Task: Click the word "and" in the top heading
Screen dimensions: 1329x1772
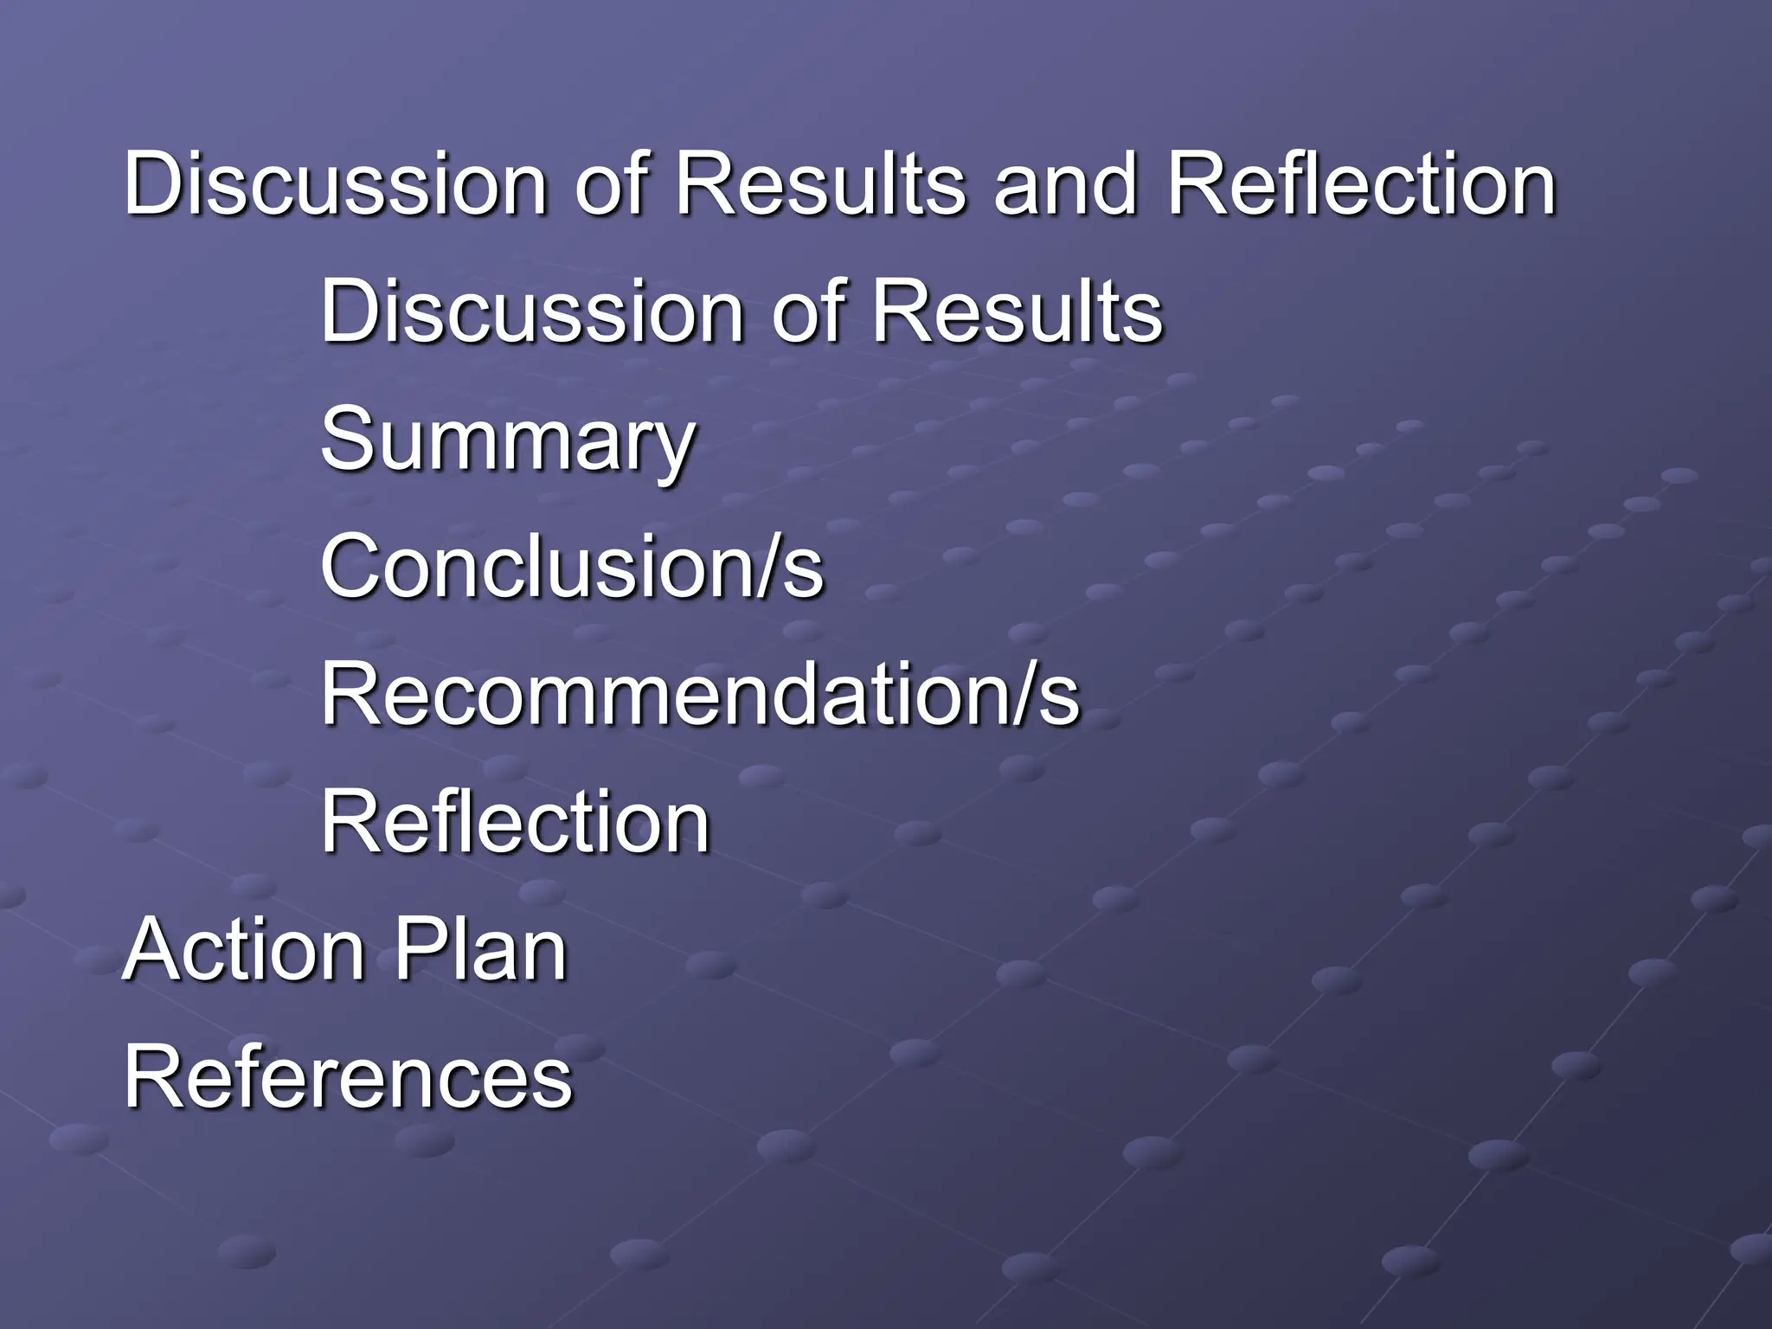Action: tap(1063, 184)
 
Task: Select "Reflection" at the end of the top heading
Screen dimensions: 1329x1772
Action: tap(1360, 184)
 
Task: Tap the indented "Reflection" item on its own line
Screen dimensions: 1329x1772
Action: tap(515, 822)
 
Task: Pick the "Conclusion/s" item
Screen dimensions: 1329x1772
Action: tap(572, 567)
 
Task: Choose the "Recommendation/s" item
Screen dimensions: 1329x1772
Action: tap(700, 694)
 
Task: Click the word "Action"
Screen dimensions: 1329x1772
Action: tap(244, 950)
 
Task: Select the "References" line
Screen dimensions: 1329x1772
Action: tap(348, 1077)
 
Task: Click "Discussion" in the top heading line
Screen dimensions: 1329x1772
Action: tap(335, 184)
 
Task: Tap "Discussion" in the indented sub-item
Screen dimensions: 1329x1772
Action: tap(531, 311)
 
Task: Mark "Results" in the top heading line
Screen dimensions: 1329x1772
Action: tap(819, 184)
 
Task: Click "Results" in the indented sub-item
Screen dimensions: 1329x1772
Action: tap(1017, 311)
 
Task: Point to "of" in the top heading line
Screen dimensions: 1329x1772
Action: tap(610, 184)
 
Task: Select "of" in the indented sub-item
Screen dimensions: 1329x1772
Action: tap(806, 311)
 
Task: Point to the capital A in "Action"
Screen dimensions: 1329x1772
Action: tap(151, 950)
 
